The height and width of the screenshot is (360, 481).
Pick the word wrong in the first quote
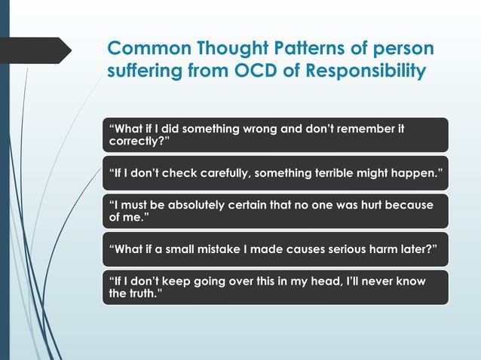click(259, 130)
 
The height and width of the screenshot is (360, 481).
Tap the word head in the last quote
click(335, 281)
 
